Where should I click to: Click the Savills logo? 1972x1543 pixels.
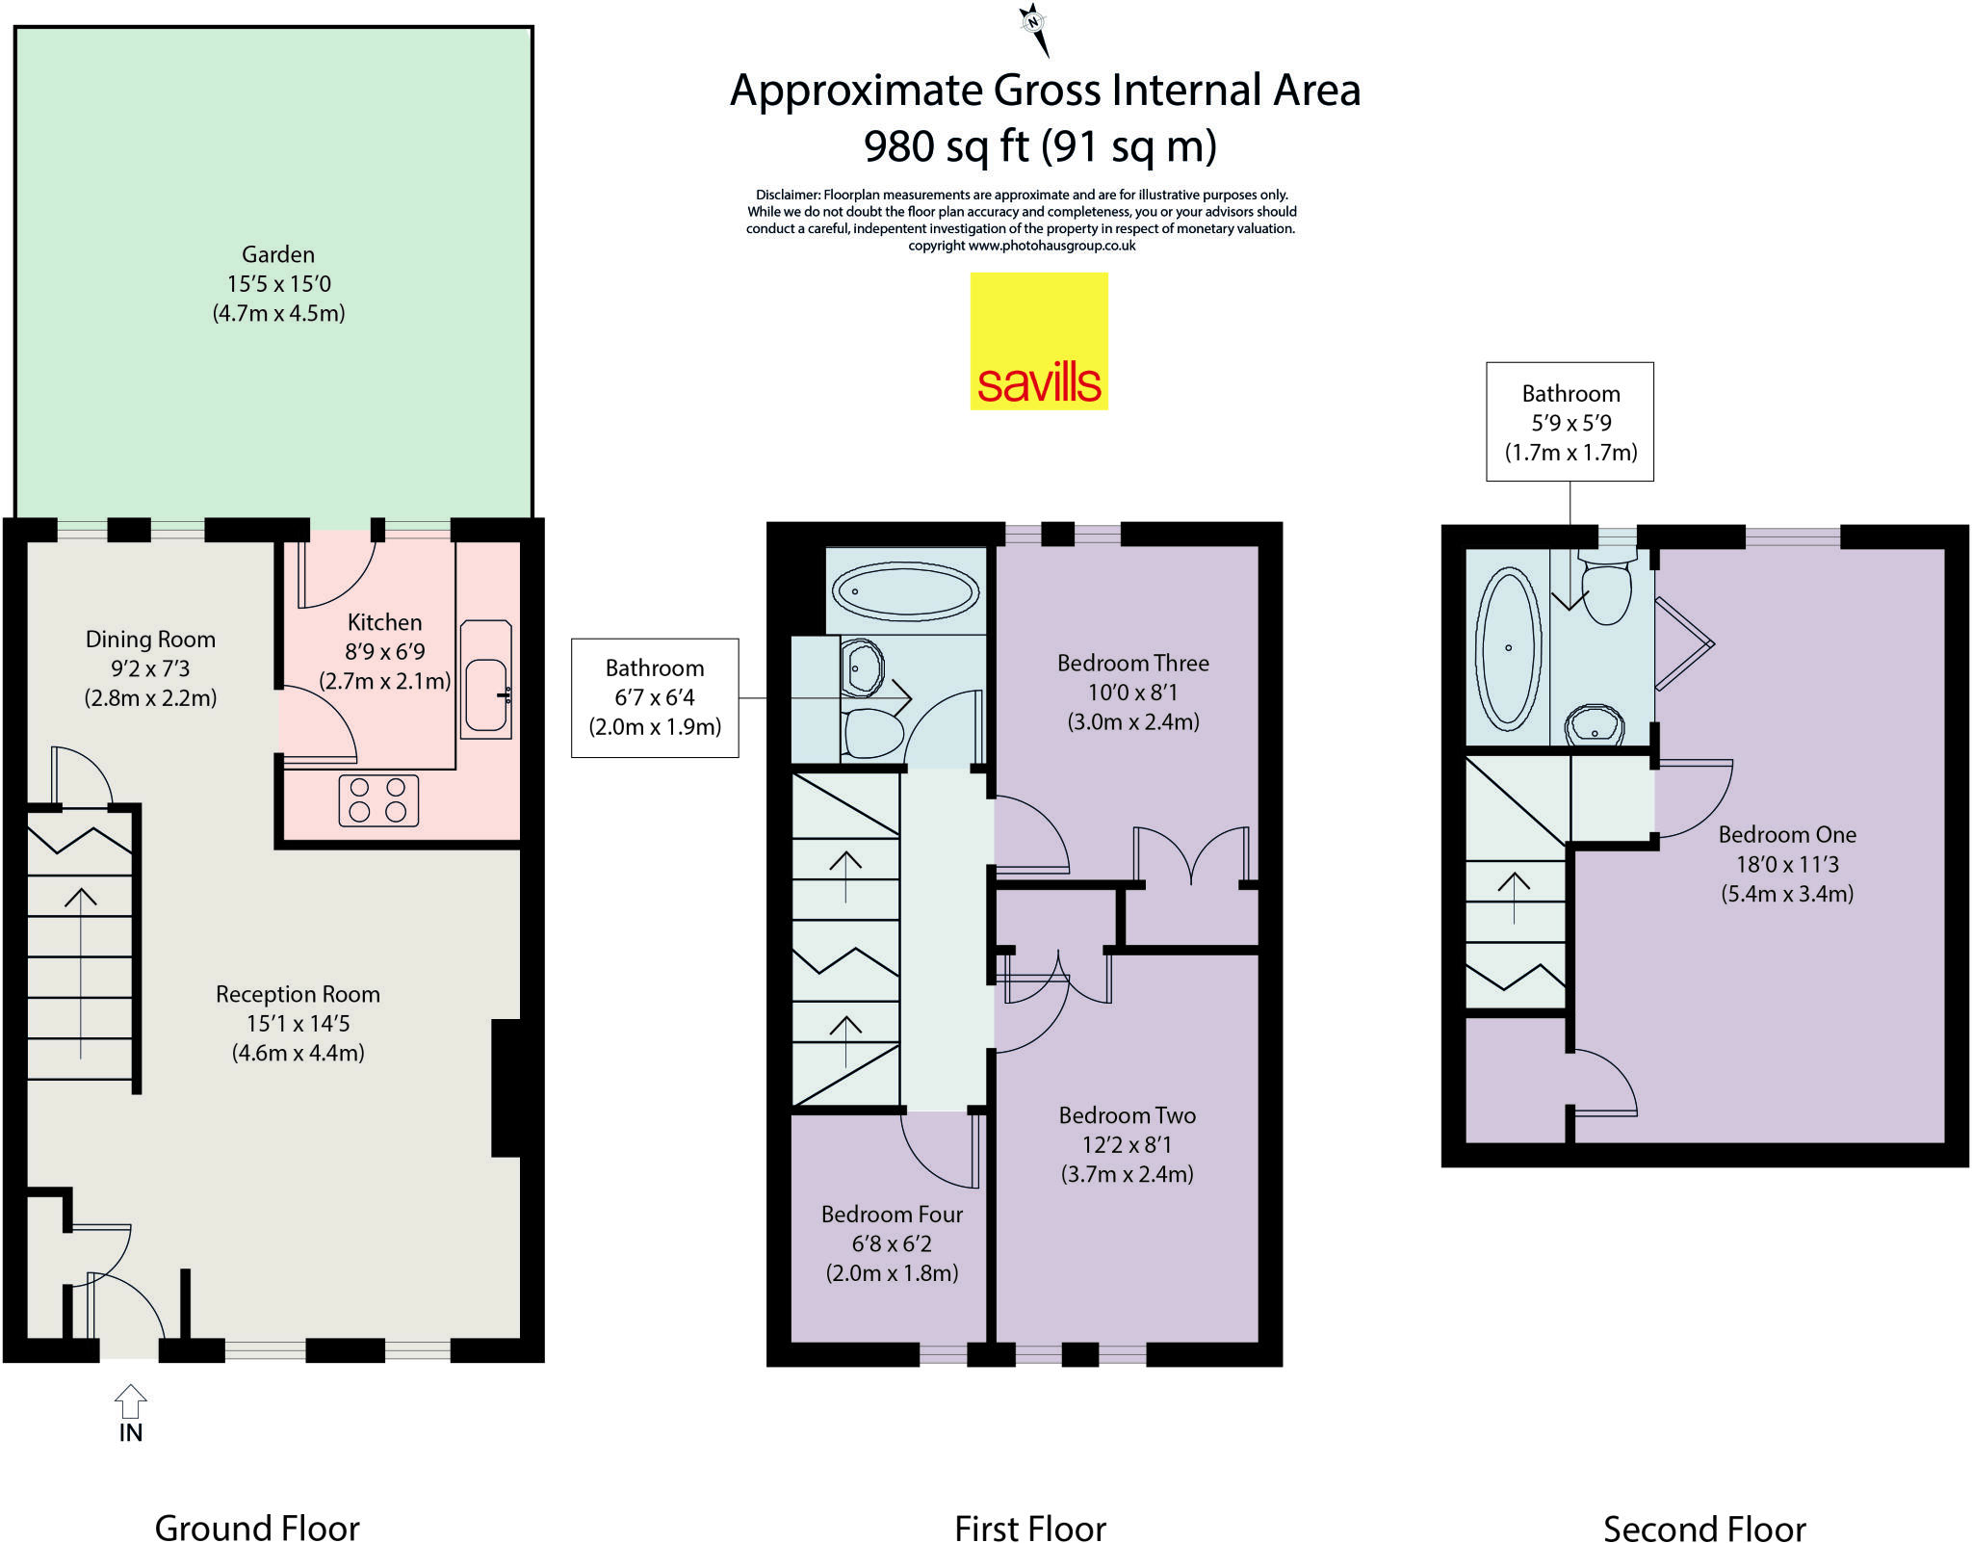coord(1038,341)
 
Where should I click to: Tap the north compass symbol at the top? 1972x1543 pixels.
coord(1034,25)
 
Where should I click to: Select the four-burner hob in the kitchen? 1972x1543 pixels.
coord(378,800)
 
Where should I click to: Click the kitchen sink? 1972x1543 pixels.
coord(486,694)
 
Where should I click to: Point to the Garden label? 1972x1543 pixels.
coord(277,254)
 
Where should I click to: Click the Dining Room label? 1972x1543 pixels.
coord(150,640)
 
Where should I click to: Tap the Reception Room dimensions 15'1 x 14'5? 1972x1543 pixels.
coord(298,1023)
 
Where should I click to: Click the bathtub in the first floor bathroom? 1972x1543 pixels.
coord(905,591)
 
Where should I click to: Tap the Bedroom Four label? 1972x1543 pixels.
coord(892,1215)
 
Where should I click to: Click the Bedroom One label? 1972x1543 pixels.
coord(1787,835)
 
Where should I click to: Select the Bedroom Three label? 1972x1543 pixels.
coord(1132,664)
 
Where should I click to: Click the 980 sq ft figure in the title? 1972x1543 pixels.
coord(946,147)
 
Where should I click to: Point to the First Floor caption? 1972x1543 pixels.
coord(1029,1529)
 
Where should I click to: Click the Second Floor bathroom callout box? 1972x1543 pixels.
coord(1570,422)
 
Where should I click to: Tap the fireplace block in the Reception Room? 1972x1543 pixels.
coord(506,1088)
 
